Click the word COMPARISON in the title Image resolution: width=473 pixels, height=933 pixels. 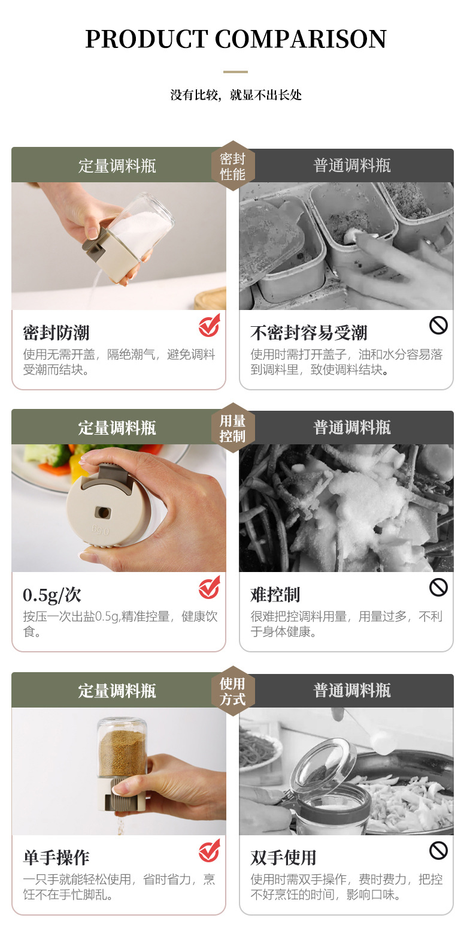click(300, 40)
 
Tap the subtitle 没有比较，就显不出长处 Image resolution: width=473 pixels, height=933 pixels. click(236, 95)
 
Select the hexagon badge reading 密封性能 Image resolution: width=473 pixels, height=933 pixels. click(232, 166)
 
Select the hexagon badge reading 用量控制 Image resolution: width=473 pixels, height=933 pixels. click(232, 428)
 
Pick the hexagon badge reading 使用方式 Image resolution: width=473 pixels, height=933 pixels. click(232, 691)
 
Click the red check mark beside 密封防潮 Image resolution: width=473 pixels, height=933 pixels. click(209, 326)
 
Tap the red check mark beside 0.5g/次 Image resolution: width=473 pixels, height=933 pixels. click(209, 588)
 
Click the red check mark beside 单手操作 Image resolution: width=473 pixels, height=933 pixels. click(209, 851)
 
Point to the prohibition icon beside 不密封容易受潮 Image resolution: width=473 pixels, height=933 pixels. click(438, 326)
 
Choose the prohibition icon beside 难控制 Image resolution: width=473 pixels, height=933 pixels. click(438, 588)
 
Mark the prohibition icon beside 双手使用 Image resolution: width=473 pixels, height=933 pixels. click(438, 850)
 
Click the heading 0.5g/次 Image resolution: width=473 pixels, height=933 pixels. click(52, 595)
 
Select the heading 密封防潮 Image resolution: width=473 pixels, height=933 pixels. click(56, 333)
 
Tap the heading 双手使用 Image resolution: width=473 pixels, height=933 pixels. click(283, 857)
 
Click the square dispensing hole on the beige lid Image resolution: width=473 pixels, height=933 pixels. click(103, 512)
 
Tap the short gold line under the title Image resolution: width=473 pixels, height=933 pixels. click(235, 72)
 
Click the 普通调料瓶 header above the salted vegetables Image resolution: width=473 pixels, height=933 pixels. click(352, 428)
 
